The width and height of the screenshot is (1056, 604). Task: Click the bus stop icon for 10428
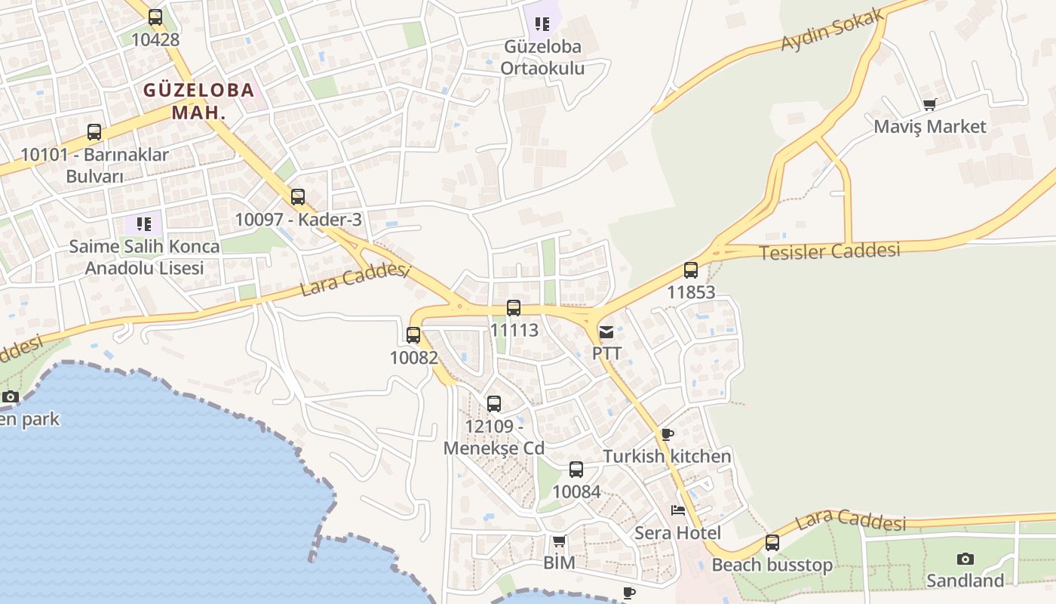click(155, 17)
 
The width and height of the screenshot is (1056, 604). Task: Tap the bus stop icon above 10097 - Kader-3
click(298, 197)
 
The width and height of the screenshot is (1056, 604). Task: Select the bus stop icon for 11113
click(514, 308)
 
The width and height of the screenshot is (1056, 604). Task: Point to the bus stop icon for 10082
click(413, 335)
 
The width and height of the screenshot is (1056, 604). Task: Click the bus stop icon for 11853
click(691, 270)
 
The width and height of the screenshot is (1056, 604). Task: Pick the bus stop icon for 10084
click(576, 470)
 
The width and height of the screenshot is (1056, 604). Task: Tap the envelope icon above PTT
click(606, 332)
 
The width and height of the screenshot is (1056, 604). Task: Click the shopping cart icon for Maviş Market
click(929, 105)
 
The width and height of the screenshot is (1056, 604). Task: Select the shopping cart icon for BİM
click(559, 541)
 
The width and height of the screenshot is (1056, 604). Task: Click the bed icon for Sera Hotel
click(678, 510)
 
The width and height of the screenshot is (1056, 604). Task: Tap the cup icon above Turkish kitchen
click(667, 434)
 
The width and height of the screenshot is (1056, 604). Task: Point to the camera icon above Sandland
click(965, 559)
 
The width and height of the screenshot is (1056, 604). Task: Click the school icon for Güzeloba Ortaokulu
click(542, 24)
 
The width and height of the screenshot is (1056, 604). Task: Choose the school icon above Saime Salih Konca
click(144, 224)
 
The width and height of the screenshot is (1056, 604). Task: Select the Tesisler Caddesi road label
click(829, 251)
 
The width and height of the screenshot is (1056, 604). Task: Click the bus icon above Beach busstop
click(772, 543)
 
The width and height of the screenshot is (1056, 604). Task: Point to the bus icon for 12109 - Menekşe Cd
click(494, 404)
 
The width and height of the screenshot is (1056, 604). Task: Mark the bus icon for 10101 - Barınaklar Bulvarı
click(94, 132)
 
